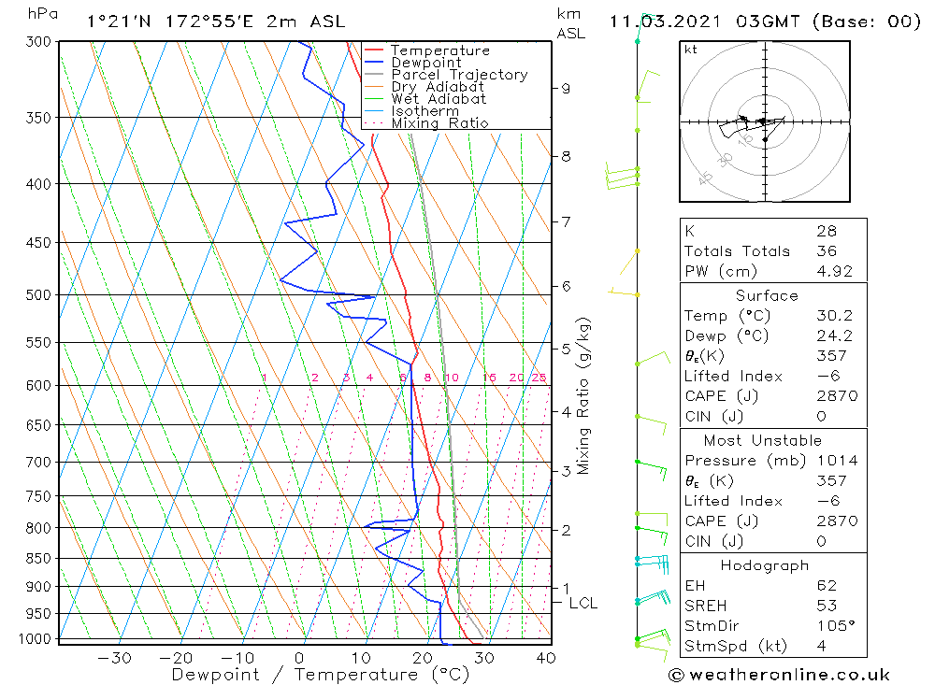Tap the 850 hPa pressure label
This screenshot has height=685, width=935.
pos(38,559)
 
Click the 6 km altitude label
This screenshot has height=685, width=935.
pos(566,285)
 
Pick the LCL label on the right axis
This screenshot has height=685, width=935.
pos(583,604)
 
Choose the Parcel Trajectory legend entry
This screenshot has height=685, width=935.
pos(459,75)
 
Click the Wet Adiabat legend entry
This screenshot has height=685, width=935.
pos(439,99)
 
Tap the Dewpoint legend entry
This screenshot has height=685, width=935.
pos(425,63)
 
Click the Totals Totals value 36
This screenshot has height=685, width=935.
pos(827,251)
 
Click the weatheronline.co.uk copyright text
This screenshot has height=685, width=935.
pos(779,675)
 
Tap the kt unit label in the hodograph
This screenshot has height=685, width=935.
pos(690,50)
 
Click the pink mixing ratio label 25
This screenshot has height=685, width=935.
pos(539,378)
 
